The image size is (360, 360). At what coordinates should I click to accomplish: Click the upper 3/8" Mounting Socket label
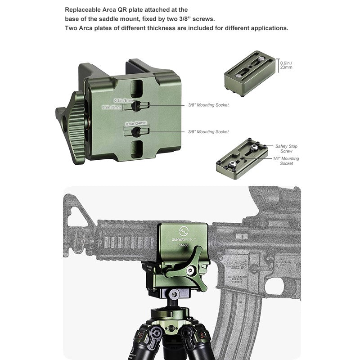tap(208, 105)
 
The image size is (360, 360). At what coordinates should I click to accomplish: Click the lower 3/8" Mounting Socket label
tap(208, 132)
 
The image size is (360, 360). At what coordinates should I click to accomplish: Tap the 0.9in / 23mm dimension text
tap(286, 65)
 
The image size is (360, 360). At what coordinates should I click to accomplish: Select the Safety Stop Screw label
tap(286, 148)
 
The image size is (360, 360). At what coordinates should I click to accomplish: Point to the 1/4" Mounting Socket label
tap(286, 161)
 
